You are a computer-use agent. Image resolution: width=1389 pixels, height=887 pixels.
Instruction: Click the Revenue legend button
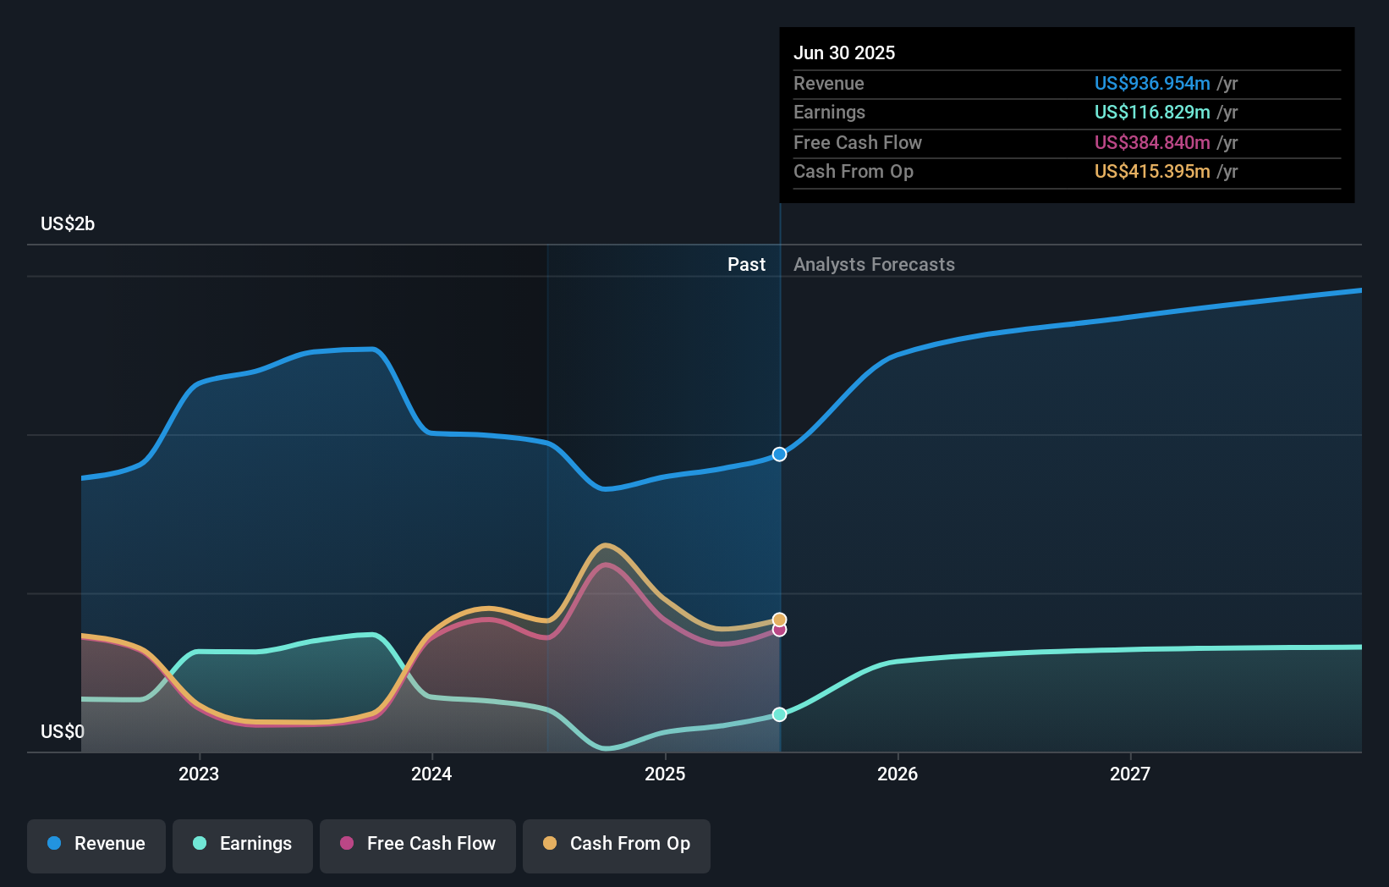pos(96,844)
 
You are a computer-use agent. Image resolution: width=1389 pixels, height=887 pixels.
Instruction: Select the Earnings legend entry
pos(243,844)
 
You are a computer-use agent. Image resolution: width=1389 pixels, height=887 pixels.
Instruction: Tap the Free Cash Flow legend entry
pos(418,844)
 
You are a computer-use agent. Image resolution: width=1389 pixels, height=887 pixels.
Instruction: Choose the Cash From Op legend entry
pos(617,844)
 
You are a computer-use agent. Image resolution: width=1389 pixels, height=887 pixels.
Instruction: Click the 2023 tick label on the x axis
pos(199,774)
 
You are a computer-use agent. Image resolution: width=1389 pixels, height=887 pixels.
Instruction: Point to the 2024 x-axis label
pos(431,774)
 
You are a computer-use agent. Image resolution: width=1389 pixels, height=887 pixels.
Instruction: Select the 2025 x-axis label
pos(665,774)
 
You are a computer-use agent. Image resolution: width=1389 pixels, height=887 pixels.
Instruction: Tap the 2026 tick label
pos(898,774)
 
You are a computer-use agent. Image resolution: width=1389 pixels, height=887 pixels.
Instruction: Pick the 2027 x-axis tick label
pos(1130,774)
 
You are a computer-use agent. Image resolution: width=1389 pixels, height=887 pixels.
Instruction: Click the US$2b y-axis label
pos(68,224)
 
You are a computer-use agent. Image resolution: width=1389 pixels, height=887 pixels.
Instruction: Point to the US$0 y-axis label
pos(63,731)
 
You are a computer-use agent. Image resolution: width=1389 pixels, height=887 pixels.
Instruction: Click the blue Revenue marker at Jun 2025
pos(780,455)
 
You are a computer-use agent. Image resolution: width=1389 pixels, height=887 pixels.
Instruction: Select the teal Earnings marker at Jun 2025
pos(780,714)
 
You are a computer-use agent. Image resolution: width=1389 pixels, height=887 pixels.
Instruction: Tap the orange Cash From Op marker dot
pos(780,620)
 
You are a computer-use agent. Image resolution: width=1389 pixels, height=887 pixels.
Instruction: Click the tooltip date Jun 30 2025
pos(844,52)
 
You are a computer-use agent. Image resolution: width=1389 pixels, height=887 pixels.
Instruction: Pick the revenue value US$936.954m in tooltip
pos(1152,83)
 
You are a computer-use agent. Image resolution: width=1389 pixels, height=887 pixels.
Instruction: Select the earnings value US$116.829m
pos(1152,112)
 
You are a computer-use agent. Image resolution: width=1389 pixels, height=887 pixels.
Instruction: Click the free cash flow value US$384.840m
pos(1152,142)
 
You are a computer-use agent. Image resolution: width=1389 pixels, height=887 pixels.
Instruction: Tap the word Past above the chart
pos(746,265)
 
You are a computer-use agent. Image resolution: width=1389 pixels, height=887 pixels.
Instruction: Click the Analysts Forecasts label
pos(874,265)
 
